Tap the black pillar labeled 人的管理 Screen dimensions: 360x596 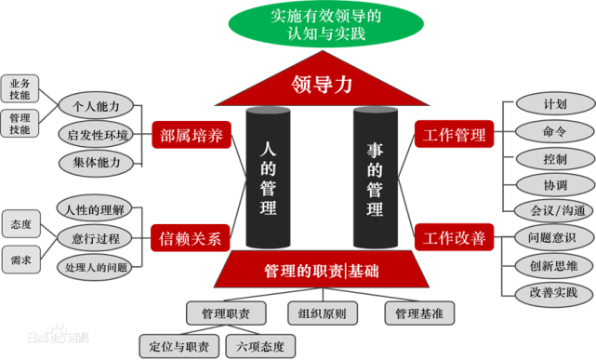tap(269, 178)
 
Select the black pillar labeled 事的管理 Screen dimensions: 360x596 tap(375, 178)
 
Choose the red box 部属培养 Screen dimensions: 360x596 tap(190, 136)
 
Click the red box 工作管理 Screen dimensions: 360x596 tap(455, 136)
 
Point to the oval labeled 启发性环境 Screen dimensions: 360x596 tap(99, 135)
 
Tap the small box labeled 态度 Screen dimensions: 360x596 tap(20, 224)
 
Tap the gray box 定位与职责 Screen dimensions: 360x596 tap(179, 346)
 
